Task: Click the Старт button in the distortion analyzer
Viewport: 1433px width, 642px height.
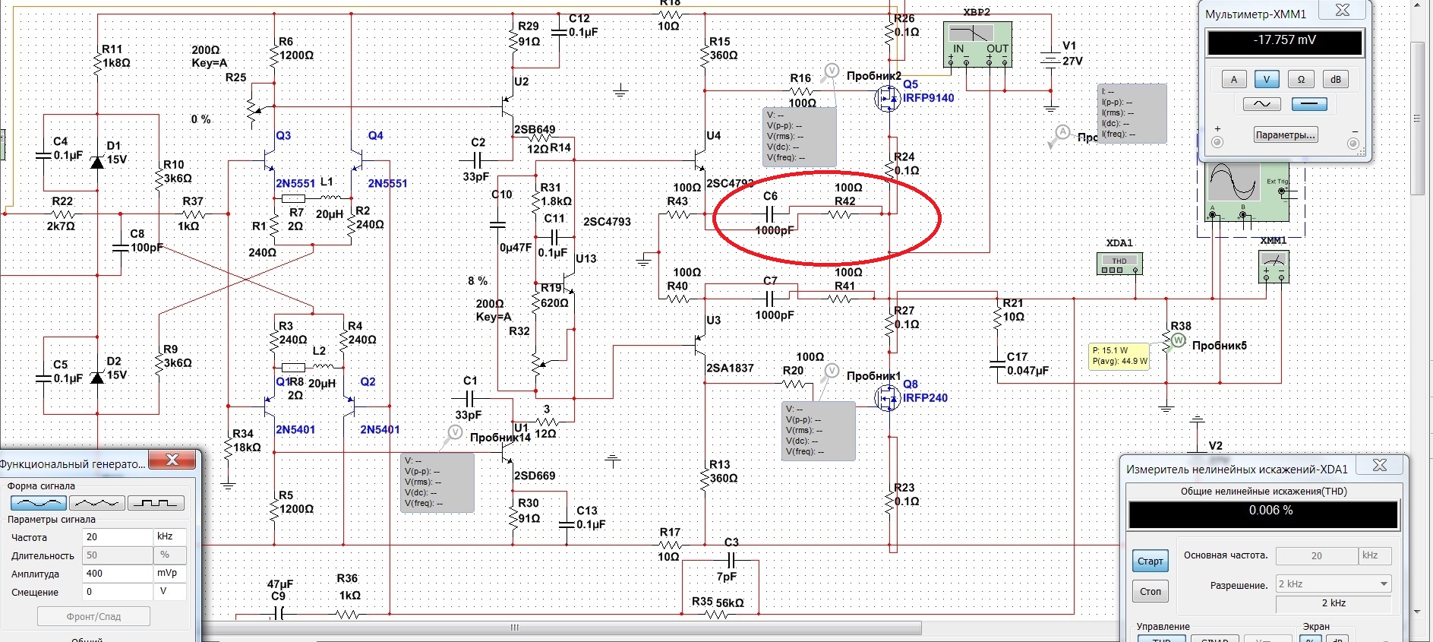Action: pos(1150,561)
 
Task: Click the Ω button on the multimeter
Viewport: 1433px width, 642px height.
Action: pos(1301,79)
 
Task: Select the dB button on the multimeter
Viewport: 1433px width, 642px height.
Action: pos(1336,79)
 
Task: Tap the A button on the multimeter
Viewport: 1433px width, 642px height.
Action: pos(1234,79)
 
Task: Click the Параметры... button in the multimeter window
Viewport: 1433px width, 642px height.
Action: pos(1285,135)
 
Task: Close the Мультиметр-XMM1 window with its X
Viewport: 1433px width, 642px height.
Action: pos(1343,11)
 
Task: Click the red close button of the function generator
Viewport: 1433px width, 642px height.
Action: pos(172,460)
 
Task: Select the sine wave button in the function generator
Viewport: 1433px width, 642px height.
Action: pos(39,503)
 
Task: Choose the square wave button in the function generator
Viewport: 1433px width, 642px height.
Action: pos(156,503)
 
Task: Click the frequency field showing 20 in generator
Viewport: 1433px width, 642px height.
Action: pos(118,537)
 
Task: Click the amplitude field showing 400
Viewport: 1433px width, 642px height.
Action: pos(118,574)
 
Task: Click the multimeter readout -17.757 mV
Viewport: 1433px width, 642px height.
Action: pos(1285,41)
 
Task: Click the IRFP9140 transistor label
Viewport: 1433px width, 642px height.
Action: pos(928,98)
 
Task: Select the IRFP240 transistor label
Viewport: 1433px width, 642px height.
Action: pos(925,398)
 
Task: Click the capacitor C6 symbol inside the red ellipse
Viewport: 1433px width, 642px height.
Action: pos(770,214)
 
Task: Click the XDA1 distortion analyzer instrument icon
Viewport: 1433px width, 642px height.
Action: pos(1119,263)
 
